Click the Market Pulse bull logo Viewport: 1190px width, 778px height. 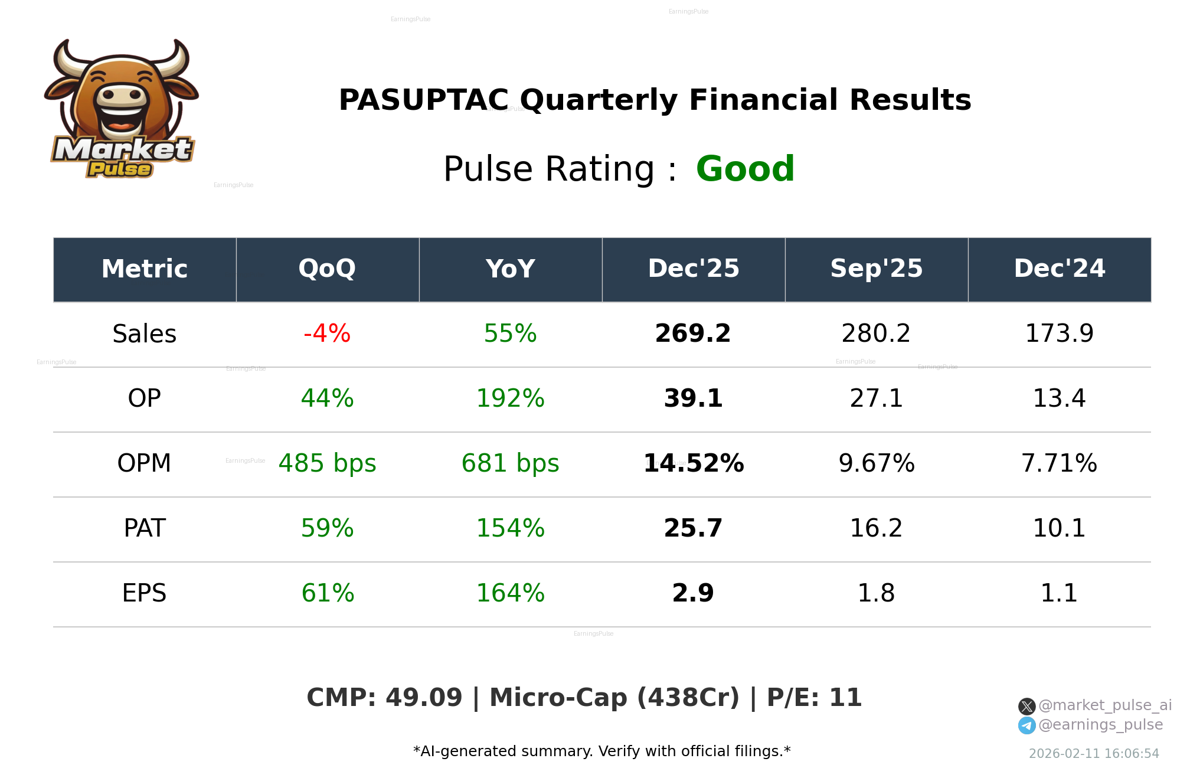pyautogui.click(x=122, y=109)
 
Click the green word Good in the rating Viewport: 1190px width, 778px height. pyautogui.click(x=745, y=169)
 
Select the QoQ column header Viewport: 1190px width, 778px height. pyautogui.click(x=327, y=269)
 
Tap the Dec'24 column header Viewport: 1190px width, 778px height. pyautogui.click(x=1059, y=269)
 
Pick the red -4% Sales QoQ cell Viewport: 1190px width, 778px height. pyautogui.click(x=327, y=334)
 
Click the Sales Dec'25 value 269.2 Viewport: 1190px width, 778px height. pyautogui.click(x=693, y=334)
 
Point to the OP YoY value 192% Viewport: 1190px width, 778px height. pyautogui.click(x=510, y=398)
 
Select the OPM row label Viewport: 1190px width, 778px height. pyautogui.click(x=144, y=463)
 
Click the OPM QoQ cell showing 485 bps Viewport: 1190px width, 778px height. pyautogui.click(x=327, y=463)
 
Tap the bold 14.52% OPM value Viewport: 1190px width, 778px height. pyautogui.click(x=693, y=463)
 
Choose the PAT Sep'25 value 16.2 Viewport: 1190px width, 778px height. pyautogui.click(x=876, y=528)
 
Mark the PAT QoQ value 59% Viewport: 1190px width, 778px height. pyautogui.click(x=327, y=528)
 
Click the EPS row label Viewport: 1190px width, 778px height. pyautogui.click(x=144, y=593)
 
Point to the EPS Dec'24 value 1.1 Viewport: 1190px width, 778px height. pyautogui.click(x=1059, y=593)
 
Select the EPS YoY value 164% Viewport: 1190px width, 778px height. pyautogui.click(x=510, y=593)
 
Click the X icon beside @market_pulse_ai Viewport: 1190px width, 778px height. pyautogui.click(x=1026, y=706)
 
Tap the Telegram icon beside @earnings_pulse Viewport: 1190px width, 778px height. pyautogui.click(x=1026, y=725)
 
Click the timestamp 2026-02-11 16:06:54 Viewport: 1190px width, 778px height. pyautogui.click(x=1094, y=754)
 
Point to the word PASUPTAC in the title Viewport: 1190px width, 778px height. pyautogui.click(x=423, y=100)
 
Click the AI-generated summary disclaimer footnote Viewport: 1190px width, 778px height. pyautogui.click(x=601, y=751)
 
